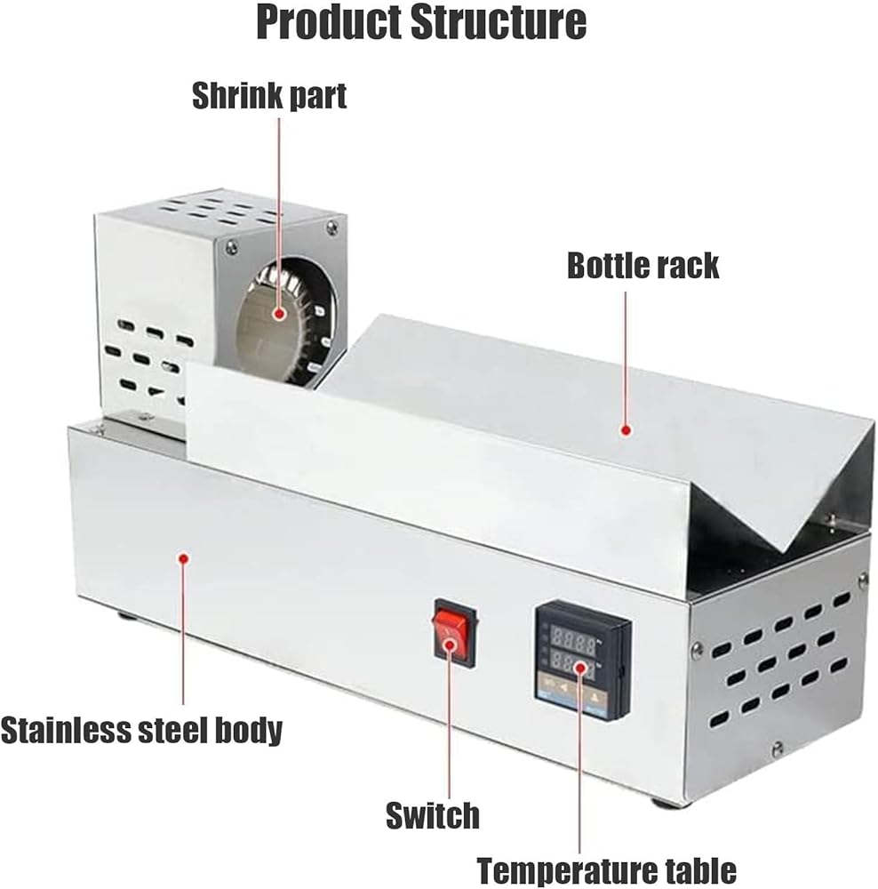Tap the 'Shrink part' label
point(269,96)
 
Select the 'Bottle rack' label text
point(643,265)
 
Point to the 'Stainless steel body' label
point(141,730)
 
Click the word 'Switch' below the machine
point(433,815)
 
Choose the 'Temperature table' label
point(606,870)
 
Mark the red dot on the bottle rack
point(626,430)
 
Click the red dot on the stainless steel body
point(183,558)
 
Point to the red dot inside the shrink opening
point(279,313)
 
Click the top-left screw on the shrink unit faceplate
point(229,245)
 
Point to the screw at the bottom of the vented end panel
point(778,749)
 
